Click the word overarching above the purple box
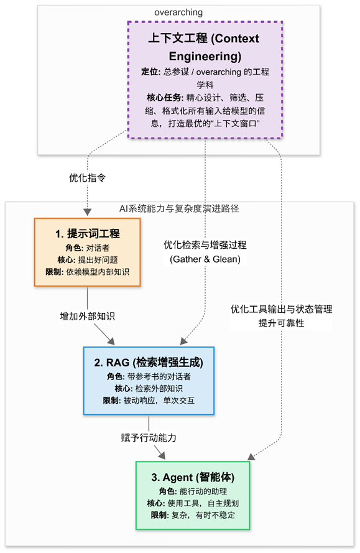click(178, 12)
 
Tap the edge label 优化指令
click(87, 177)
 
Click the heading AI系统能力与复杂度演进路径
click(179, 208)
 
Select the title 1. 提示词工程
click(87, 234)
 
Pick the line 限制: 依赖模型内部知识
click(87, 272)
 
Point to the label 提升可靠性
click(281, 323)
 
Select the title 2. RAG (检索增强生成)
click(149, 362)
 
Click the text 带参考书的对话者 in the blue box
click(158, 376)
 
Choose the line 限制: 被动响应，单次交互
click(149, 401)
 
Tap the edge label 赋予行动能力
click(149, 437)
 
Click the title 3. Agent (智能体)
click(192, 478)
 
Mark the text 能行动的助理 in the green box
click(202, 491)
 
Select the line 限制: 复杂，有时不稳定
click(192, 516)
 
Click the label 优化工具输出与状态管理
click(281, 309)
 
